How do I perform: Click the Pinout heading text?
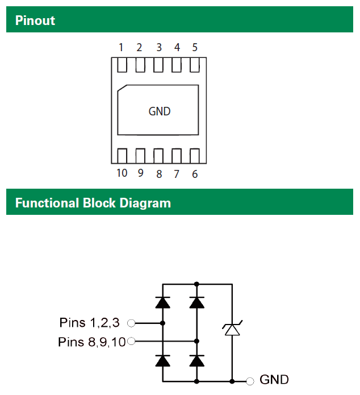35,20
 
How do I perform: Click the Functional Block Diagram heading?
93,203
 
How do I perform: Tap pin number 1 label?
121,48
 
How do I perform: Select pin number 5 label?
195,48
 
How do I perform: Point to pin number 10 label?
122,173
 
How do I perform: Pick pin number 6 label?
195,174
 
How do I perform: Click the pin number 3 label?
159,48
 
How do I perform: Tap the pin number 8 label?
159,174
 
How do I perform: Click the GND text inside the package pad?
160,111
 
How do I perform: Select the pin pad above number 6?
195,155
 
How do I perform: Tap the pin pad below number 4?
177,66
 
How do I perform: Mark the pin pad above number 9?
140,155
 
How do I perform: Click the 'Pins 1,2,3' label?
90,323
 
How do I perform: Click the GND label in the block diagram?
274,380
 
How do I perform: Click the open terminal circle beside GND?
250,380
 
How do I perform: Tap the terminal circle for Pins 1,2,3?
131,323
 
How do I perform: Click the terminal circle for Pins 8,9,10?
131,342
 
